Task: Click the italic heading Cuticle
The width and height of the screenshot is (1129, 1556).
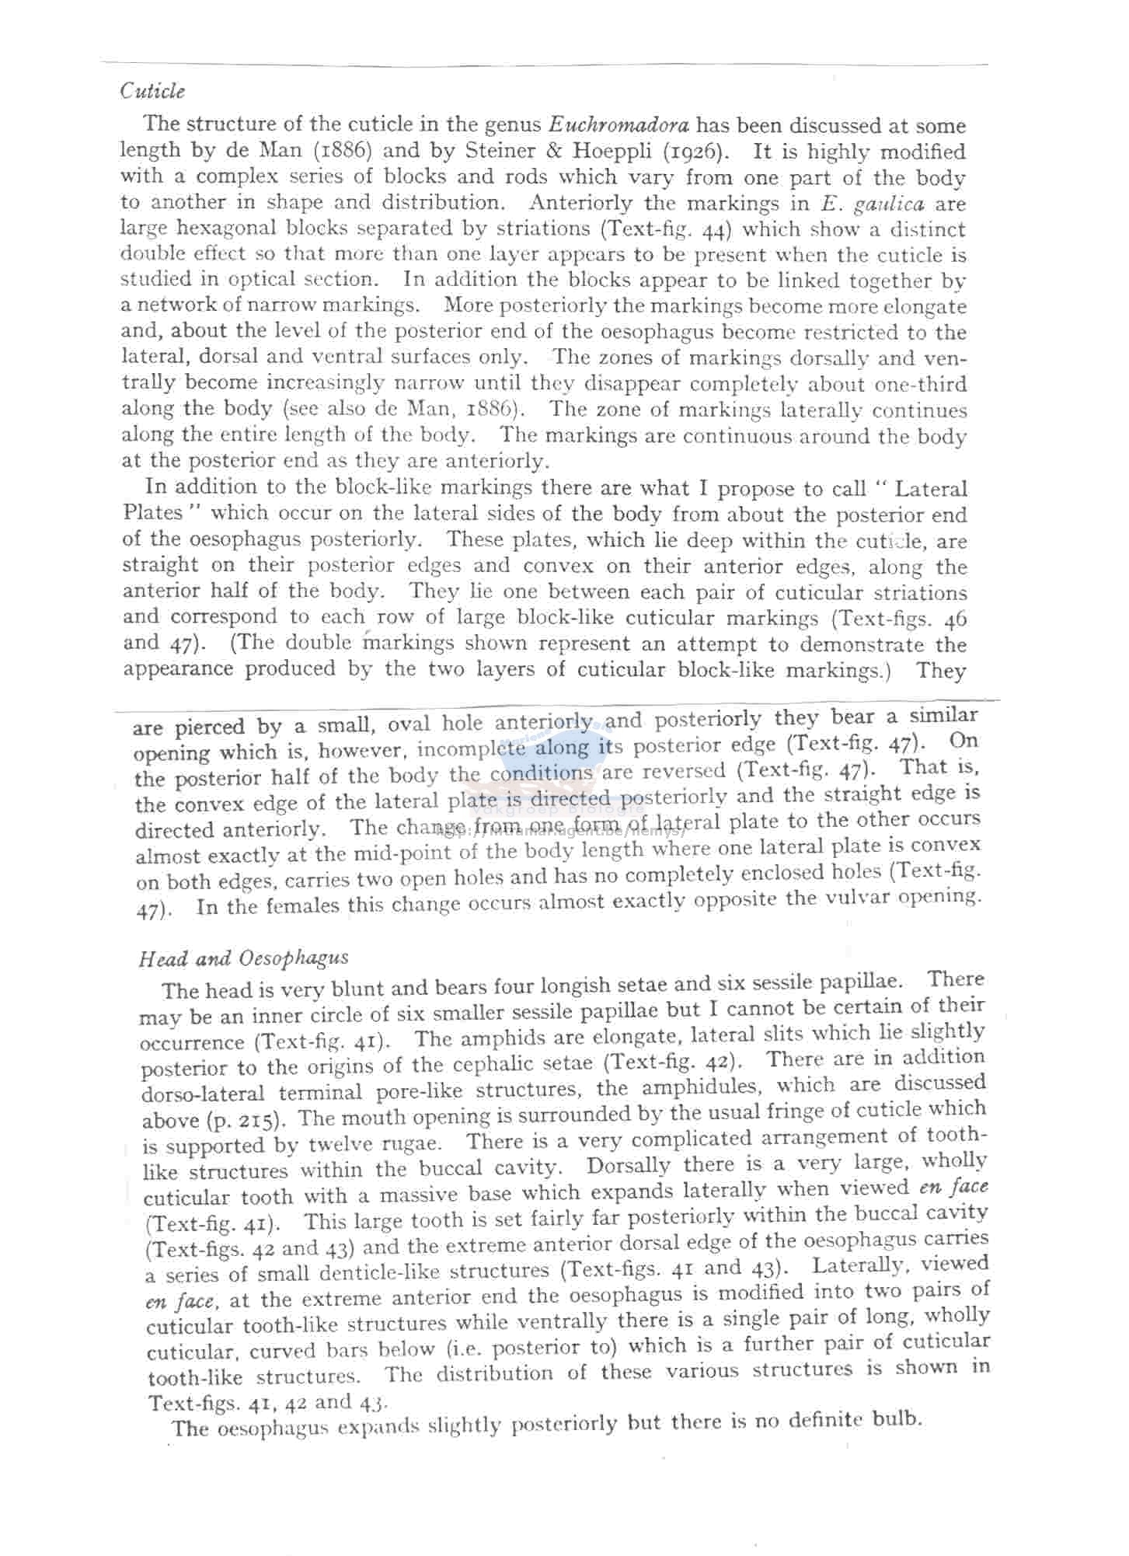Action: tap(152, 92)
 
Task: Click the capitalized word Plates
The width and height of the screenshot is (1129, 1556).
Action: tap(153, 513)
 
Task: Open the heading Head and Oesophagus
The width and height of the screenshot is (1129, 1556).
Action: tap(243, 958)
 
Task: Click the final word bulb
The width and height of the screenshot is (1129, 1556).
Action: tap(897, 1420)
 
